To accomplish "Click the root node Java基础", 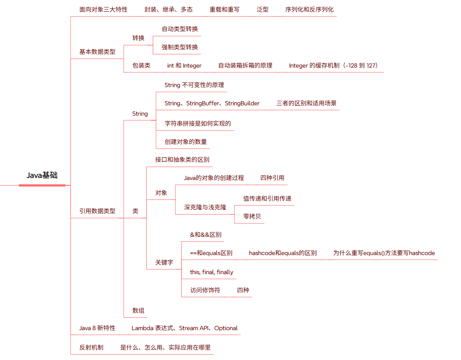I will click(42, 175).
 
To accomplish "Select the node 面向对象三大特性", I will click(103, 9).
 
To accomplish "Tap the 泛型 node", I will click(262, 9).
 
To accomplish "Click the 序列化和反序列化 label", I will click(309, 9).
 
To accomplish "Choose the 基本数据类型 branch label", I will click(97, 52).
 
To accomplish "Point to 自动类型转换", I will click(180, 29).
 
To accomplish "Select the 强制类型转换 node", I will click(180, 47).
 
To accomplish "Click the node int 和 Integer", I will click(184, 66).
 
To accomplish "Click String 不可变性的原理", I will click(194, 85).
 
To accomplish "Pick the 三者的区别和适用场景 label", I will click(306, 103).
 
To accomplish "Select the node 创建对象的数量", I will click(185, 141).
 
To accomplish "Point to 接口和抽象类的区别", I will click(182, 160).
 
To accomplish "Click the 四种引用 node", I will click(272, 178).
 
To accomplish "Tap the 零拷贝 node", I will click(252, 216).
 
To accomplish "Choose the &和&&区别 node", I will click(206, 235).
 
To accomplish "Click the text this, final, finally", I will click(211, 272).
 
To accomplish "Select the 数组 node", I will click(138, 310).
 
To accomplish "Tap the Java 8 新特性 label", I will click(97, 328).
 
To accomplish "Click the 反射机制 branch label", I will click(91, 348).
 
